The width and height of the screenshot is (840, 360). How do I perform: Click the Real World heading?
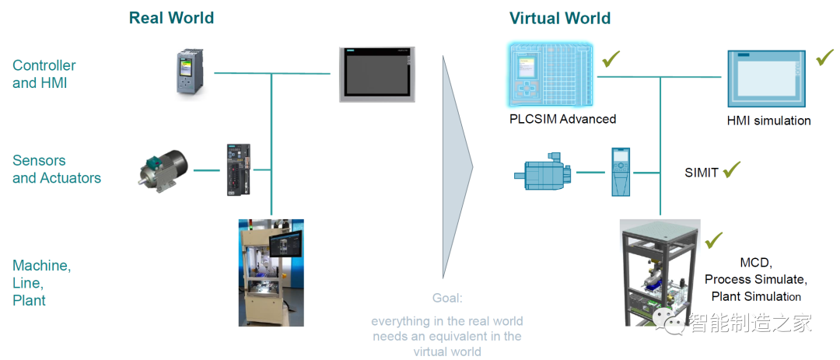coord(171,18)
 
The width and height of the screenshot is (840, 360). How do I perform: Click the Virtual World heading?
coord(560,18)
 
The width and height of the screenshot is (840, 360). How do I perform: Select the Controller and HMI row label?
coord(44,75)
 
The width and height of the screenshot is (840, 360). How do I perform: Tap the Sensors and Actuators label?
coord(57,170)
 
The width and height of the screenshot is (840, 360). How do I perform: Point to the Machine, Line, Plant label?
coord(41,283)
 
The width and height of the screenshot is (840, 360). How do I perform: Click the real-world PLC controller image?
coord(188,73)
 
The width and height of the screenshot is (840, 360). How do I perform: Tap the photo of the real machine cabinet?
coord(271,272)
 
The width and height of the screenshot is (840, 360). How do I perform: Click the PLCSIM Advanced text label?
coord(562,119)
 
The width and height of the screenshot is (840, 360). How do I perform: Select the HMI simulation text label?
coord(768,121)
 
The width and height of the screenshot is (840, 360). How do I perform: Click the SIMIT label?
coord(701,173)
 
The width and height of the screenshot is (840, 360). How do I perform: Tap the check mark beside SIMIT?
coord(731,170)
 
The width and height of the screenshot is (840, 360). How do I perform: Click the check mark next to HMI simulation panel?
coord(824,58)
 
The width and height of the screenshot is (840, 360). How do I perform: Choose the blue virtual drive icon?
coord(621,171)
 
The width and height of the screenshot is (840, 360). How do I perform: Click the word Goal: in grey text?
coord(447,298)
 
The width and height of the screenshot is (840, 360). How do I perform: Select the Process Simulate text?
coord(755,280)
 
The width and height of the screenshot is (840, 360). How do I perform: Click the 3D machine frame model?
coord(660,272)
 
